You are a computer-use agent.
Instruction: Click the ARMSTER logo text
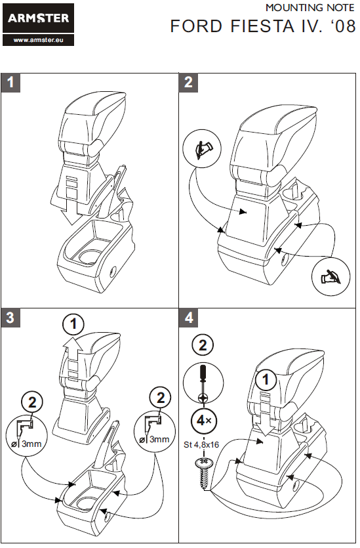coord(39,18)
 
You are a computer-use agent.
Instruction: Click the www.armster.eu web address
coord(39,40)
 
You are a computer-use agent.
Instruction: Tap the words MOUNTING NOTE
coord(310,7)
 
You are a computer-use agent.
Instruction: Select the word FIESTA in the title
coord(262,26)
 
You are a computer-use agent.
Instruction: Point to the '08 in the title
coord(343,26)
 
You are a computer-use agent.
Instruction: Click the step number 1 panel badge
coord(10,83)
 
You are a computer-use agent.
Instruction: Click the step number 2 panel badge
coord(188,83)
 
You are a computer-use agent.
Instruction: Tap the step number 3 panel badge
coord(10,318)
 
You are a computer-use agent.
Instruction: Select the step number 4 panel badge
coord(188,318)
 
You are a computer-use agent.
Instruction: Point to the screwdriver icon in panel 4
coord(203,383)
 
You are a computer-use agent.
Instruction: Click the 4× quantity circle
coord(203,421)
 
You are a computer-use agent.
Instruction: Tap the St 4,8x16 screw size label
coord(201,444)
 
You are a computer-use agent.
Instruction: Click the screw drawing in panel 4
coord(203,474)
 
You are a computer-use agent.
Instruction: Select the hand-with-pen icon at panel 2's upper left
coord(202,148)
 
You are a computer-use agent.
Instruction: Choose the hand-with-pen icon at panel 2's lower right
coord(330,278)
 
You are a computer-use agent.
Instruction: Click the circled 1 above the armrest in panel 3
coord(73,324)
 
